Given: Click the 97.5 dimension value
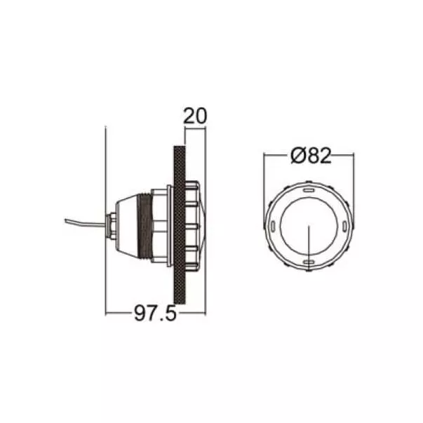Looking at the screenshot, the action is (x=156, y=313).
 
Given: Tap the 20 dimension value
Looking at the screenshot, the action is (x=195, y=116).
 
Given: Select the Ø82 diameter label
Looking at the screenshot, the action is (x=311, y=156).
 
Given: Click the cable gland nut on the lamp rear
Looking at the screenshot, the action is (x=112, y=225).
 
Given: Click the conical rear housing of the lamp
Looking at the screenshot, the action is (x=127, y=225).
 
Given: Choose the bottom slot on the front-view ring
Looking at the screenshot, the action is (x=309, y=262).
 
